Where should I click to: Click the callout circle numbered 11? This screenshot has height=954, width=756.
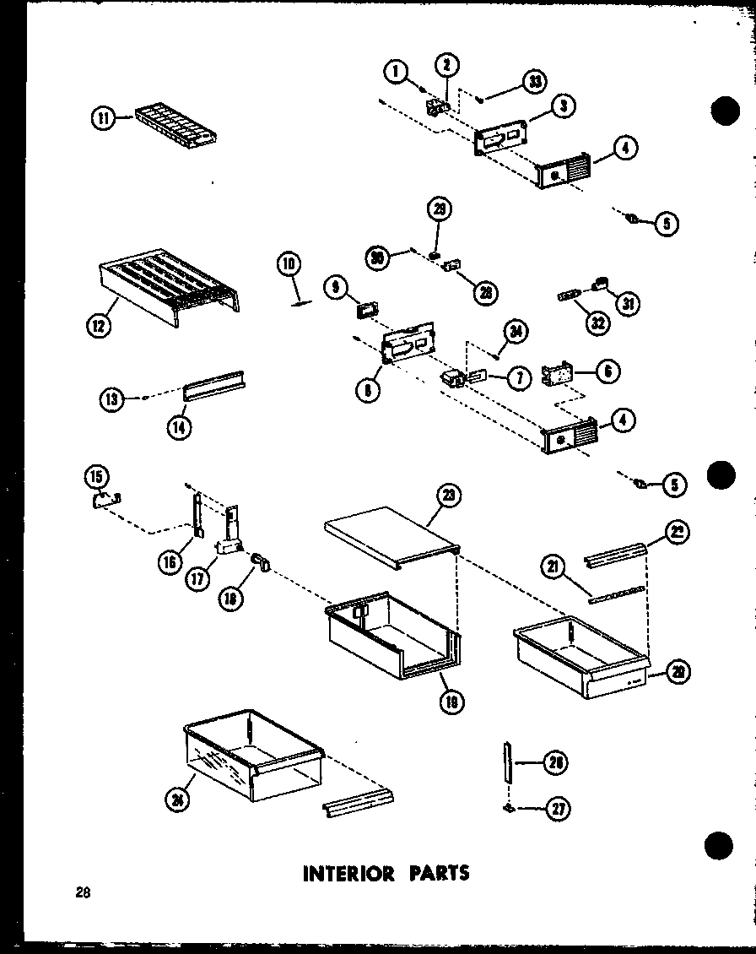tap(102, 120)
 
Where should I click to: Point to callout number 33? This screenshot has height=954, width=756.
tap(532, 81)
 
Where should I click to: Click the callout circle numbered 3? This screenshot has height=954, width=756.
tap(564, 106)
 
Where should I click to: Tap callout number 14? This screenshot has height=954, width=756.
tap(179, 427)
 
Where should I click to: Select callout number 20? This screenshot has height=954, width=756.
tap(676, 671)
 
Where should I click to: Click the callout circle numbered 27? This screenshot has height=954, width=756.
tap(558, 809)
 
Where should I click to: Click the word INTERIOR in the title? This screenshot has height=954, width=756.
tap(348, 872)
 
